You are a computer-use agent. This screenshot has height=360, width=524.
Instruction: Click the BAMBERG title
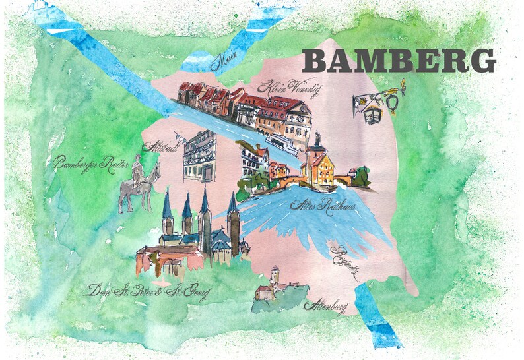coord(399,61)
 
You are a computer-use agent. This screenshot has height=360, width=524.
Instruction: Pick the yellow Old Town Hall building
coord(319,168)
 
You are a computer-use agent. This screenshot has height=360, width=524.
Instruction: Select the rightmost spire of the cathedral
coord(232,206)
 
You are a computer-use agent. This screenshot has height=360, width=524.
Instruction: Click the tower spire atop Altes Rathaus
coord(317,138)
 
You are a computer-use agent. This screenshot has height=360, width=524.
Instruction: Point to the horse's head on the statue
coord(156,168)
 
